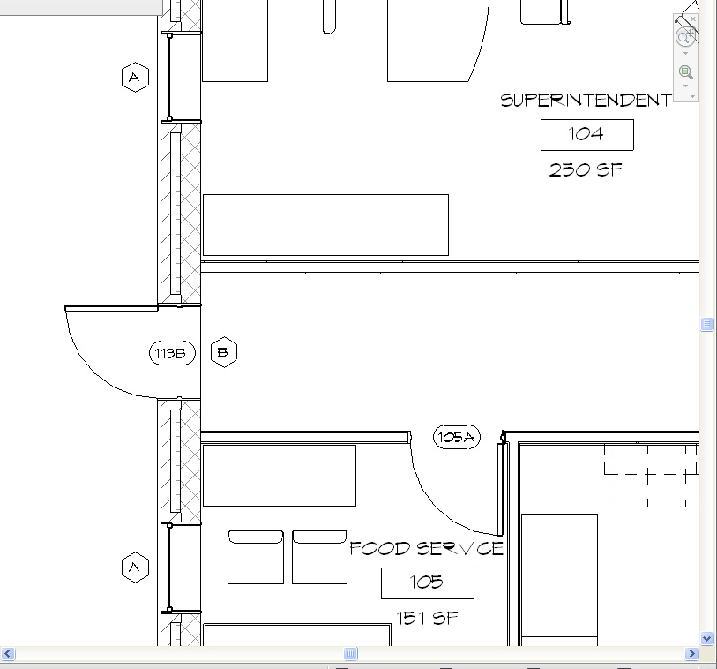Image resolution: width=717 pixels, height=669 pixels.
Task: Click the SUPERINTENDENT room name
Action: coord(586,101)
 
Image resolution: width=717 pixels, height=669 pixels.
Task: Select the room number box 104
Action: coord(587,135)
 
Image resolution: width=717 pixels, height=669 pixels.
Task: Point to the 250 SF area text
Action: coord(586,169)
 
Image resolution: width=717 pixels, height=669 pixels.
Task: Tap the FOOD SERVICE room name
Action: coord(426,548)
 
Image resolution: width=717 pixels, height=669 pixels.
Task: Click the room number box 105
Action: coord(428,583)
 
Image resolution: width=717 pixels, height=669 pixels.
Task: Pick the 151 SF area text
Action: coord(427,618)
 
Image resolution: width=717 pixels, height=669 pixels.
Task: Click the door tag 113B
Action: coord(172,353)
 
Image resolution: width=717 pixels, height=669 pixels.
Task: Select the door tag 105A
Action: coord(456,437)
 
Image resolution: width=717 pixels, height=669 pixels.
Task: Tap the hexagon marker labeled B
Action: coord(224,352)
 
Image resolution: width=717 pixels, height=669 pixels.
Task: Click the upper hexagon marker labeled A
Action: coord(135,77)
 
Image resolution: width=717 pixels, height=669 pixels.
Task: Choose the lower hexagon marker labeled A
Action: coord(135,568)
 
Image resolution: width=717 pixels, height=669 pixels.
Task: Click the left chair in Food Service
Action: coord(256,557)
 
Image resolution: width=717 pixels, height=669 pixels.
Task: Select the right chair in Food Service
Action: coord(319,557)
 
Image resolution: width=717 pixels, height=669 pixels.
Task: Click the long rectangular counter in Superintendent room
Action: coord(325,225)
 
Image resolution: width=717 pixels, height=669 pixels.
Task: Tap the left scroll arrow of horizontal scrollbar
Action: coord(8,653)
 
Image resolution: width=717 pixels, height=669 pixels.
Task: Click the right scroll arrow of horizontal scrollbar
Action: coord(691,653)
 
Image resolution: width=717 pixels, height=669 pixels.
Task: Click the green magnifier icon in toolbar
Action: coord(685,71)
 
